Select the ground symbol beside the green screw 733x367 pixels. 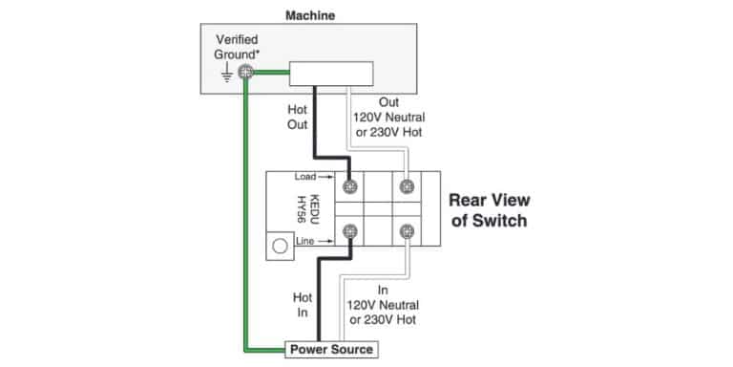(x=226, y=73)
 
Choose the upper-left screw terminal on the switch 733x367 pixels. (x=350, y=186)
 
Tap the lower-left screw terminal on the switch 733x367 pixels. (x=350, y=230)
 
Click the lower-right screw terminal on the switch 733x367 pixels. (x=408, y=230)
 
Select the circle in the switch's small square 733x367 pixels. (x=280, y=246)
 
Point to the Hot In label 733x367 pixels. (x=303, y=305)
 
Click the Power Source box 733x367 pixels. (x=331, y=349)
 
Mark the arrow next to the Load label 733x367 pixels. (x=326, y=177)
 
